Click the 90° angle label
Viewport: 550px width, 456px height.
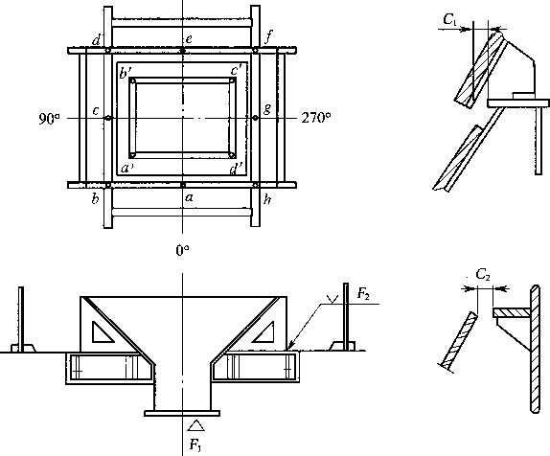point(49,119)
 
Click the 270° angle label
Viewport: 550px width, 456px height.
point(316,118)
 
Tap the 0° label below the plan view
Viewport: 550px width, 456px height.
point(182,250)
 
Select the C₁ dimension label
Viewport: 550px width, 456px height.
point(450,20)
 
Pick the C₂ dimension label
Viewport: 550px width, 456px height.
point(483,275)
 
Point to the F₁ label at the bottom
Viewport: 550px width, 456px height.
point(195,445)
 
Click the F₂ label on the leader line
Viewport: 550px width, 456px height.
point(363,293)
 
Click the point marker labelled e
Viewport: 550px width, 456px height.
point(182,51)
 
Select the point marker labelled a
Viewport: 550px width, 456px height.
point(182,185)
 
